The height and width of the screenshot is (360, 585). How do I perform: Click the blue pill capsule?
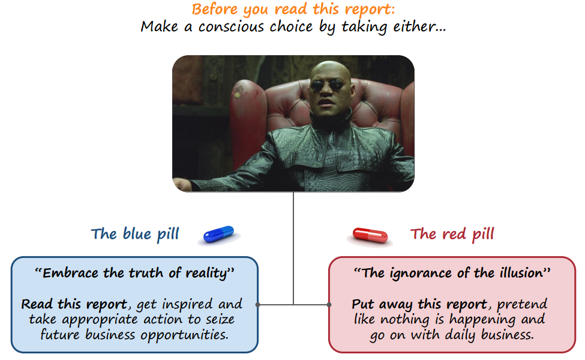tap(218, 234)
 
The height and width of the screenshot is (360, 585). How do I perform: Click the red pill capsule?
tap(370, 235)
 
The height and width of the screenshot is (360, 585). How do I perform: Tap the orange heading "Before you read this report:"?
tap(293, 10)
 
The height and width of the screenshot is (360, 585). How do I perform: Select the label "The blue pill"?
tap(135, 234)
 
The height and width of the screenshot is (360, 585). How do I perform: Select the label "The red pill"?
tap(452, 234)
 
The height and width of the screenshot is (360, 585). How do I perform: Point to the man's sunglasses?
tap(327, 86)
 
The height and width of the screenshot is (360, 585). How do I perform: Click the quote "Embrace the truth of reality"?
tap(134, 273)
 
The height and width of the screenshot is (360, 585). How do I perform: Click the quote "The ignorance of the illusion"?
tap(452, 273)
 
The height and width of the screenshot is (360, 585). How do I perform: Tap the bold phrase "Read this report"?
tap(74, 304)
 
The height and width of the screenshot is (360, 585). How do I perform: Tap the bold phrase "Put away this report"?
tap(419, 304)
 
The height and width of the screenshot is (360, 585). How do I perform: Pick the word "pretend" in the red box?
tap(522, 304)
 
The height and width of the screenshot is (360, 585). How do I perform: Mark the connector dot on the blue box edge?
tap(257, 305)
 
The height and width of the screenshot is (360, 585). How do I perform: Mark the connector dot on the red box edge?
tap(329, 305)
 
